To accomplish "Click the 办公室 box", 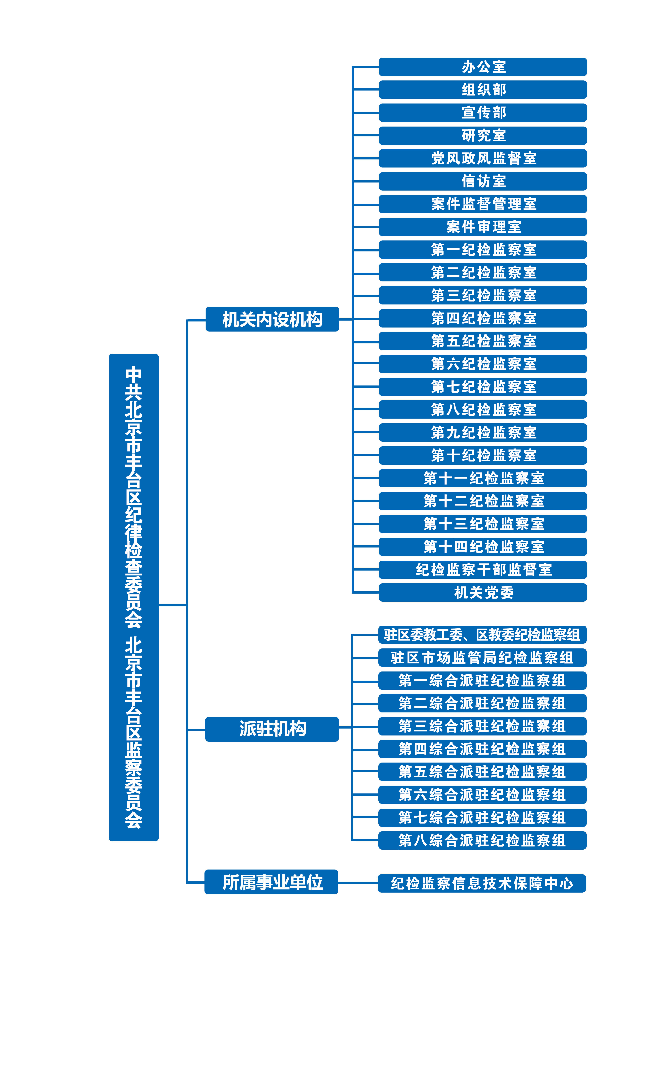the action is pos(482,67).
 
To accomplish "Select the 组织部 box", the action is pos(482,89).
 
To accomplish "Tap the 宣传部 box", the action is pos(482,113).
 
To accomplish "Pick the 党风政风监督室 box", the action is pos(482,158).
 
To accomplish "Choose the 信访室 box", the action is pos(482,181).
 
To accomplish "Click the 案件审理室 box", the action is pos(482,227).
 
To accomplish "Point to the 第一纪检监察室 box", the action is pos(482,250).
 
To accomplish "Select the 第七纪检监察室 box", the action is pos(482,387).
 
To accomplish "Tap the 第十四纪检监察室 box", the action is pos(482,547).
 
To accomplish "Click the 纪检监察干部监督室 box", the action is pos(482,570).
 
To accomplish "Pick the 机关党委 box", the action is pos(482,592).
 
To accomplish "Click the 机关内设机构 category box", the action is pos(272,319).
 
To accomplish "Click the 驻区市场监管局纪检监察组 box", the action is pos(482,657).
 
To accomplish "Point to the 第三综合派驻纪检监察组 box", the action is pos(482,726).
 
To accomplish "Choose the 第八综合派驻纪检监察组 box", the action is pos(482,840).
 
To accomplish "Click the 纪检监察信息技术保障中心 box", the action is pos(482,883).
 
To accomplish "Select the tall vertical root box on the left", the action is pos(134,597).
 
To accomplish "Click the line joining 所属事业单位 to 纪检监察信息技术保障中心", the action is pos(358,882).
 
